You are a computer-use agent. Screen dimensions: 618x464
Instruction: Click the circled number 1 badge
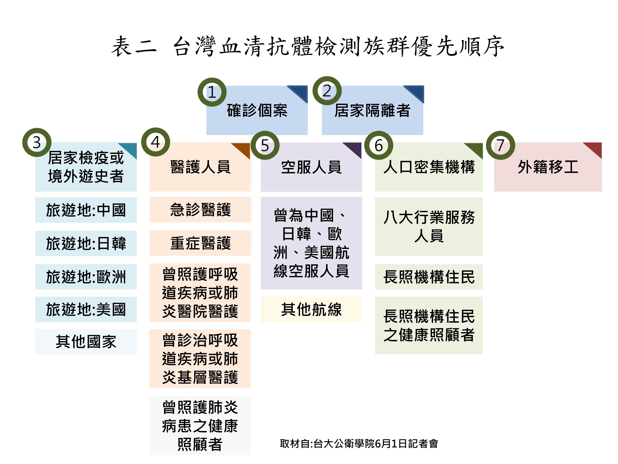(x=212, y=92)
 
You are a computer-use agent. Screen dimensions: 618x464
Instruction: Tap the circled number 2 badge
(x=327, y=91)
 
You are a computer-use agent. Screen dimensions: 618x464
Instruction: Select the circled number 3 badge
(x=37, y=142)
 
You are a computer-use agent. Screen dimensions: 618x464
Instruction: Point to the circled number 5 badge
(x=265, y=145)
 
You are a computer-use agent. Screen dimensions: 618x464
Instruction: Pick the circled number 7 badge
(x=500, y=145)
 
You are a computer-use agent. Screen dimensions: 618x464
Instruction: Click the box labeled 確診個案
(x=257, y=110)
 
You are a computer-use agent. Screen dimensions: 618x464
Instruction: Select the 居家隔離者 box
(x=372, y=110)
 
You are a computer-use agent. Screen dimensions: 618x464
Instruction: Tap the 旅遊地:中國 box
(x=86, y=210)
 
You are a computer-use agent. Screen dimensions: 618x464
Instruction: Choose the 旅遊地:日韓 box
(x=86, y=243)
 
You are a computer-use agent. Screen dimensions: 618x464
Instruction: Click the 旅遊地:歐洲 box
(x=86, y=277)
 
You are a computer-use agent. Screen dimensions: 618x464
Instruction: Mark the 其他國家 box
(x=86, y=342)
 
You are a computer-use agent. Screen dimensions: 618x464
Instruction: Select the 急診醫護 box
(x=200, y=210)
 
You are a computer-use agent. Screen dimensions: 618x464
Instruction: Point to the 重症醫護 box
(x=200, y=243)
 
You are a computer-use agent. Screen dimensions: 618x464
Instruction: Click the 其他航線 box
(x=311, y=309)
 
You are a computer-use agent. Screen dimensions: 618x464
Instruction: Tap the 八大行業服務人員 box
(x=429, y=226)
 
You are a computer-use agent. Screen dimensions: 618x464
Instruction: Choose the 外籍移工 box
(x=548, y=167)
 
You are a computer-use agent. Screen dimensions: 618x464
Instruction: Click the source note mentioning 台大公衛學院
(x=359, y=444)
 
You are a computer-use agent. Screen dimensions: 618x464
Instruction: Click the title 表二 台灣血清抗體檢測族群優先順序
(x=308, y=46)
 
